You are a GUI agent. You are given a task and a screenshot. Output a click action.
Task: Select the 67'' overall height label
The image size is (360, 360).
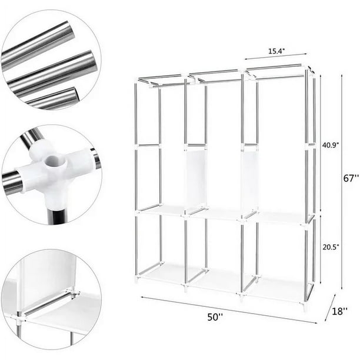(x=352, y=179)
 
